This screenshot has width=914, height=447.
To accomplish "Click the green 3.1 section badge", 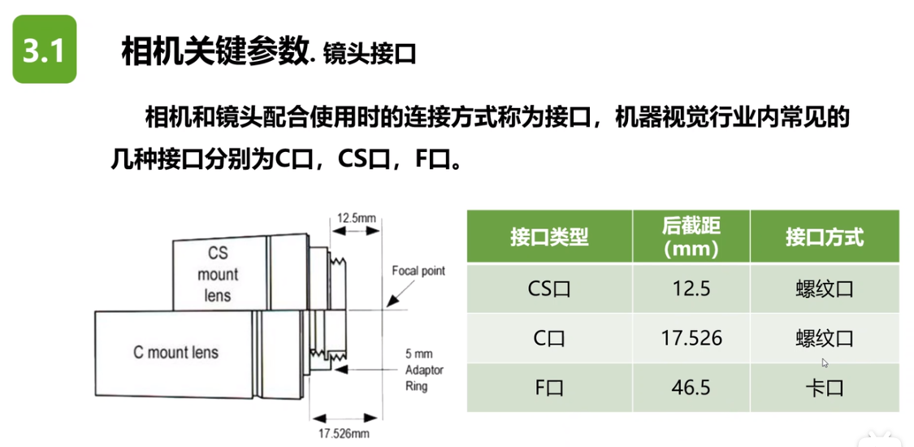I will tap(44, 50).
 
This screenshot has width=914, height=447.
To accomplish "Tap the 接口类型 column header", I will tap(549, 237).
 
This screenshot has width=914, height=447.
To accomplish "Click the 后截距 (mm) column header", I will tap(691, 237).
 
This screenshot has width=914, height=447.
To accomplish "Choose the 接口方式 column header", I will tap(824, 237).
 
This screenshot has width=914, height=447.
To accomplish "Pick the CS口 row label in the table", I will tap(549, 289).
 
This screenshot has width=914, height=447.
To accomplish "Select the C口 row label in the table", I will tap(549, 338).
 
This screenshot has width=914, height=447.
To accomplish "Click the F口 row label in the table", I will tap(549, 388).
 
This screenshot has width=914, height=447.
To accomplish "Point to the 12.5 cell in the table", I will tap(691, 289).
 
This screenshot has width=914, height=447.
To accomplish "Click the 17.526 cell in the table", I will tap(691, 338).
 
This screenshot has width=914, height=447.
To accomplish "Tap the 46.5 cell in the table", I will tap(691, 388).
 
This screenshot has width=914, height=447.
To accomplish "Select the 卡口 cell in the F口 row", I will tap(824, 388).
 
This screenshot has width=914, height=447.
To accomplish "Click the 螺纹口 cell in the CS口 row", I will tap(824, 289).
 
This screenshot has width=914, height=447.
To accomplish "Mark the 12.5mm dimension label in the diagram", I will tap(357, 218).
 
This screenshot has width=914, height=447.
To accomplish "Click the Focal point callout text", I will tap(418, 271).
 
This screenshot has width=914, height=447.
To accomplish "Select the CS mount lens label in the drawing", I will tap(218, 274).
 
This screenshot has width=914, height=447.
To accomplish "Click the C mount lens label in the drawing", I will tap(175, 353).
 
